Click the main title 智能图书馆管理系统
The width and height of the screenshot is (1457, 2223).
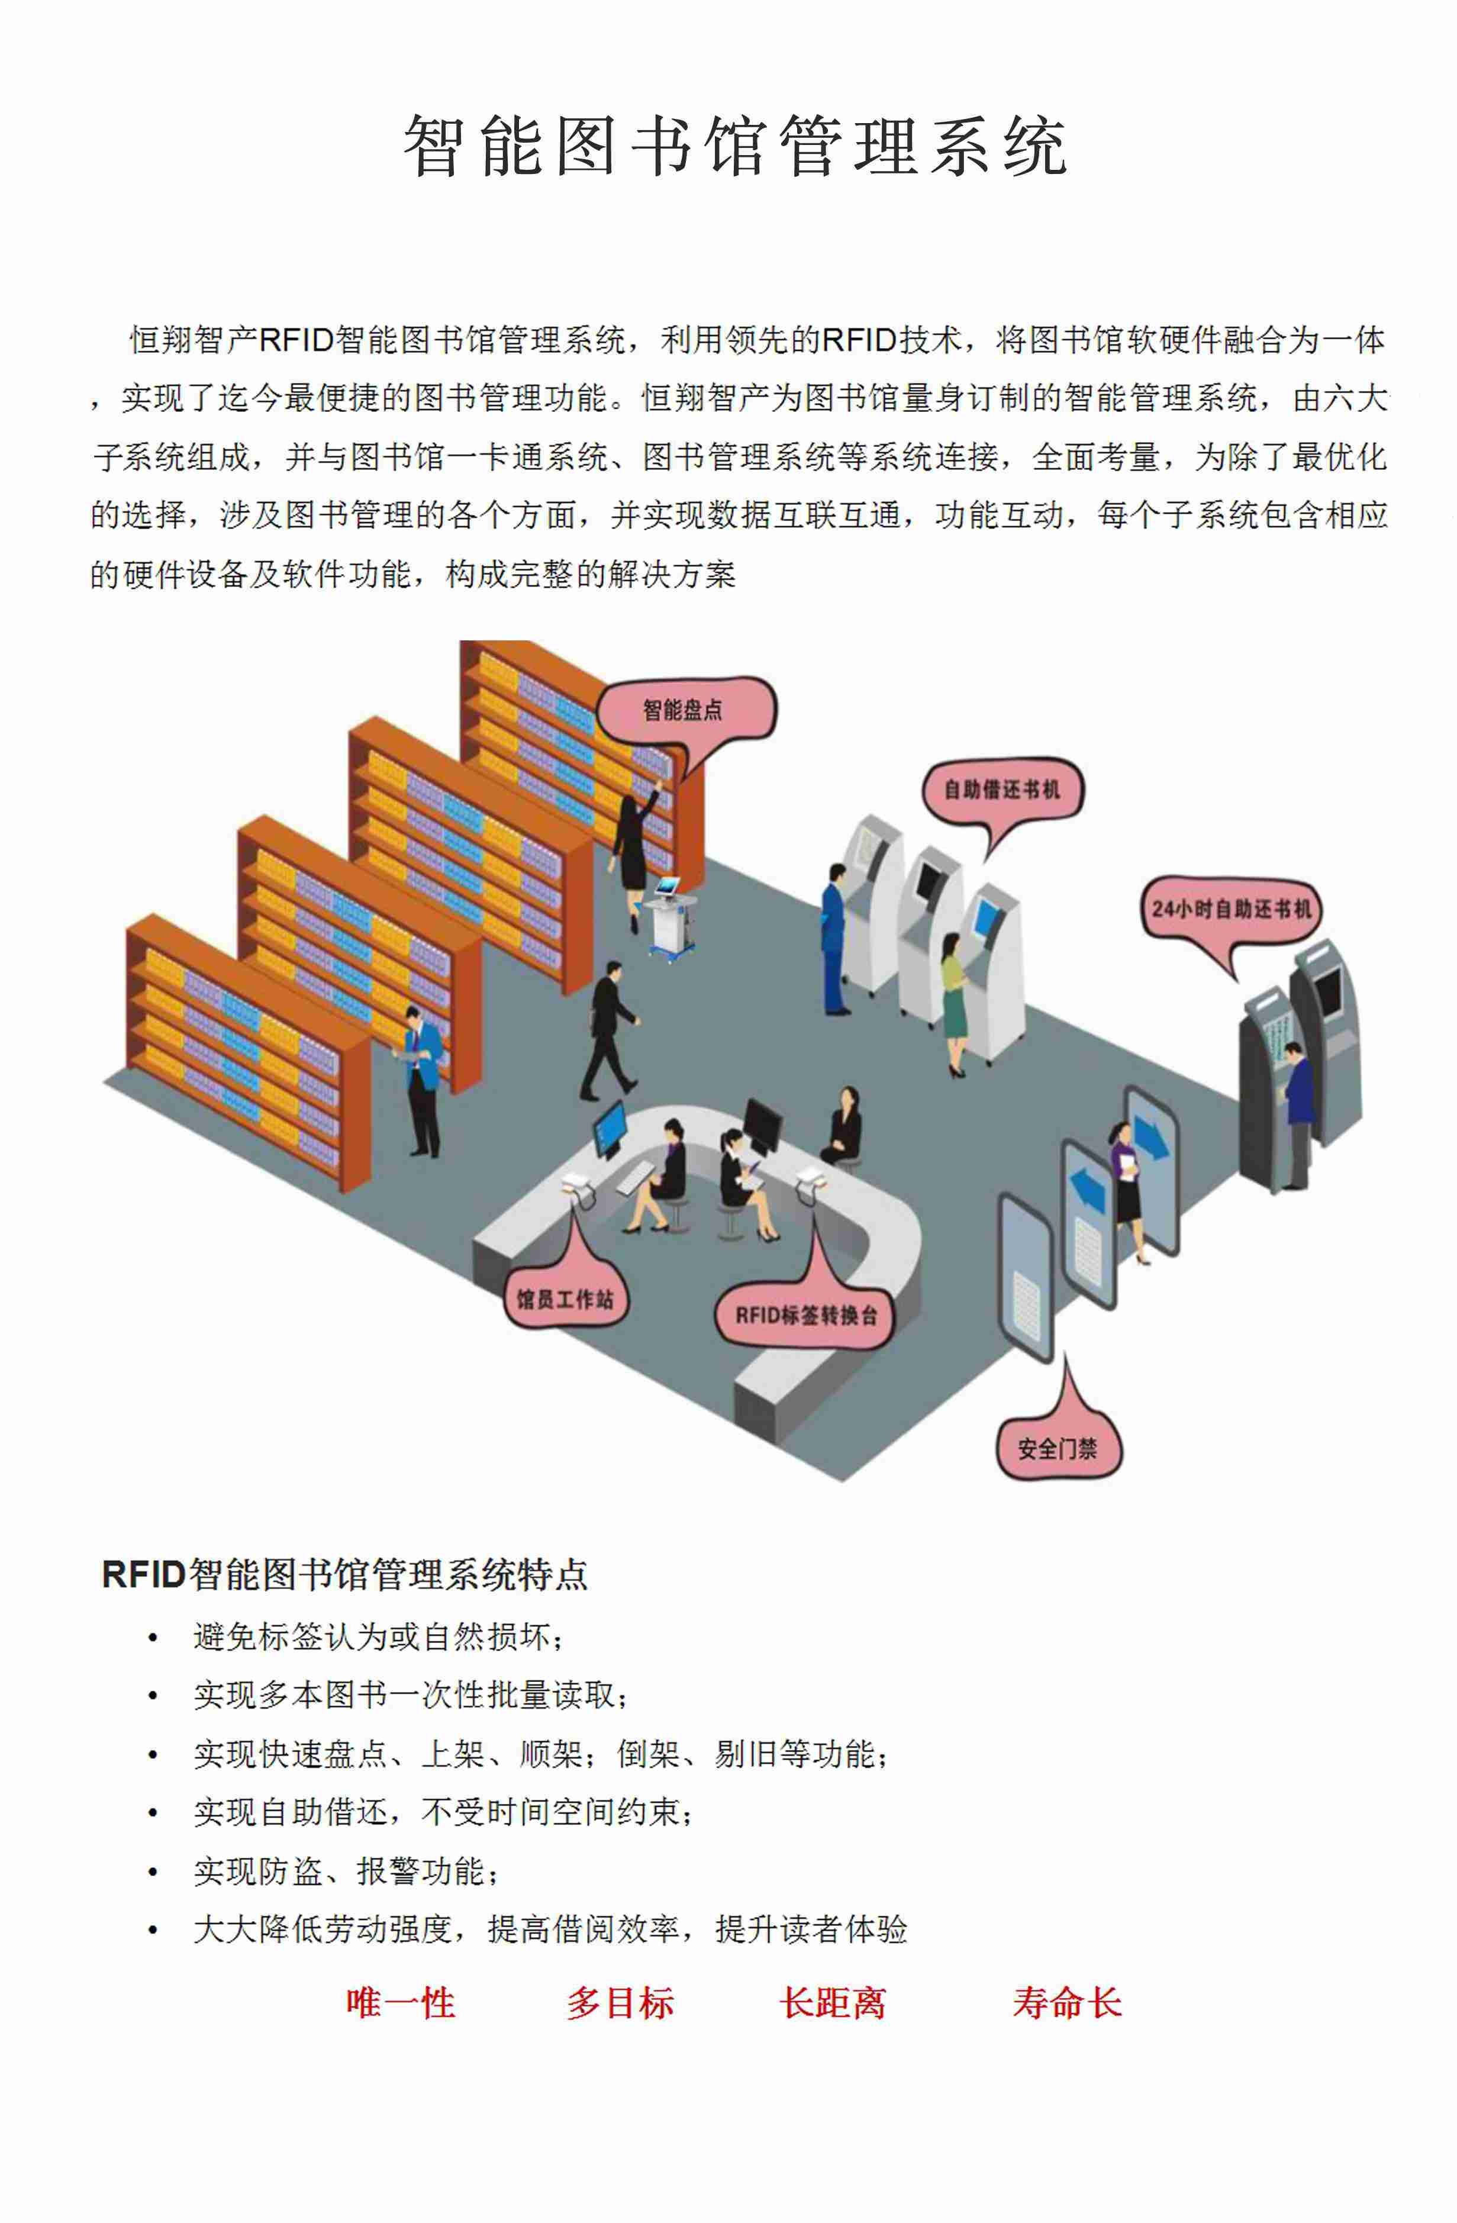[735, 147]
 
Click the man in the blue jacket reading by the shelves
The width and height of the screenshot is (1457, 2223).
[421, 1081]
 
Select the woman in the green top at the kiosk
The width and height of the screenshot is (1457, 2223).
[953, 1005]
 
